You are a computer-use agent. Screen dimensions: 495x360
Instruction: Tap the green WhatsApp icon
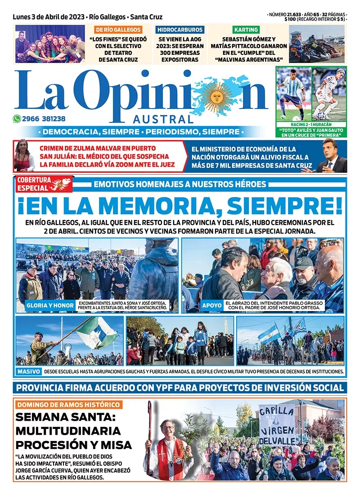click(17, 119)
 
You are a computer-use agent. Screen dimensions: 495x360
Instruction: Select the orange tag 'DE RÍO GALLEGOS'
click(118, 30)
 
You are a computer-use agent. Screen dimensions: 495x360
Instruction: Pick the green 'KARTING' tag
click(246, 30)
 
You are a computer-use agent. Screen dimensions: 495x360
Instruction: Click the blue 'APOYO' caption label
click(211, 306)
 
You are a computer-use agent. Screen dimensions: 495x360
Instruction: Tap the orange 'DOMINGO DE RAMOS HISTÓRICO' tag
click(68, 405)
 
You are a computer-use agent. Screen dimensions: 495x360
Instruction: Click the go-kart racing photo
click(317, 44)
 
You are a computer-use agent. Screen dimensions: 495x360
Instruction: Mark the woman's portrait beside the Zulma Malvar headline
click(24, 156)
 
